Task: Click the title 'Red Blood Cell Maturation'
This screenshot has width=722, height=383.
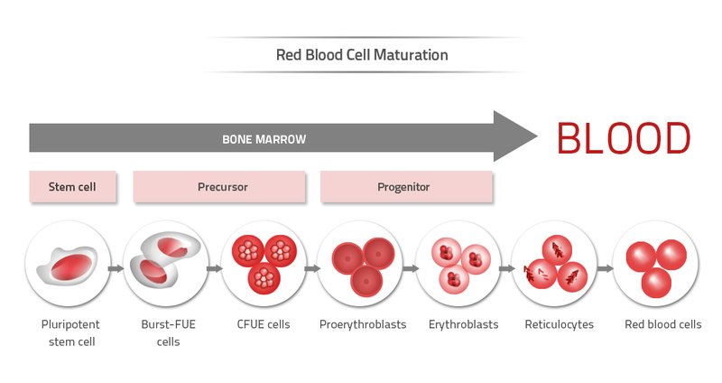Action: coord(362,55)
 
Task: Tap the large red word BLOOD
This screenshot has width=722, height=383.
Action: coord(624,138)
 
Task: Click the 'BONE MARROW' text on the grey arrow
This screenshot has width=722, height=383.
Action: coord(264,139)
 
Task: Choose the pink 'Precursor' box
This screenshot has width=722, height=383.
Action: coord(222,187)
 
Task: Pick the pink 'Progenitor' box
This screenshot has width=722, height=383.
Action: coord(403,187)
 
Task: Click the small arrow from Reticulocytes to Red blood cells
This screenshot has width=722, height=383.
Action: coord(605,268)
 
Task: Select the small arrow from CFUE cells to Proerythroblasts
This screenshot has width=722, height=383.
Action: coord(311,268)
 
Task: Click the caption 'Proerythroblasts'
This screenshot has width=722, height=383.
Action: coord(363,324)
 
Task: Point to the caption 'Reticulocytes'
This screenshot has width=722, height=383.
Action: coord(559,324)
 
